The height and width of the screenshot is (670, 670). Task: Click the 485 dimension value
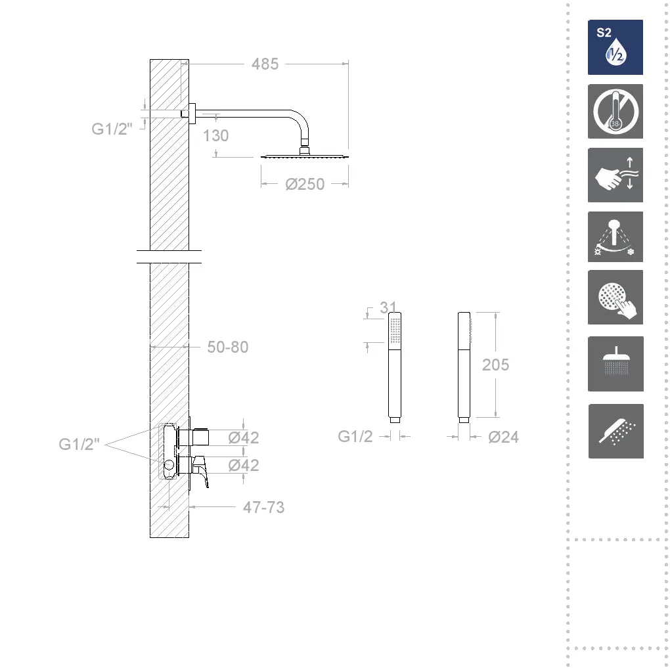tap(265, 64)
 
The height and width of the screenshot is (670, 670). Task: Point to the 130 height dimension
tap(216, 135)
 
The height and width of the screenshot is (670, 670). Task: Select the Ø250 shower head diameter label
tap(305, 184)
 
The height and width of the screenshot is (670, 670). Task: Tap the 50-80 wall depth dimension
tap(228, 347)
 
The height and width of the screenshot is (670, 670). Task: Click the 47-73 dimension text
tap(263, 507)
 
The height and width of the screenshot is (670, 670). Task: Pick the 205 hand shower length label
tap(496, 365)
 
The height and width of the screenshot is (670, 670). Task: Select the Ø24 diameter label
tap(503, 437)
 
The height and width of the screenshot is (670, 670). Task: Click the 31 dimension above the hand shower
tap(388, 307)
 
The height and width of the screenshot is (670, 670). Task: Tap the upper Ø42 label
tap(244, 437)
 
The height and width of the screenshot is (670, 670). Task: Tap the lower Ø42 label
tap(244, 465)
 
